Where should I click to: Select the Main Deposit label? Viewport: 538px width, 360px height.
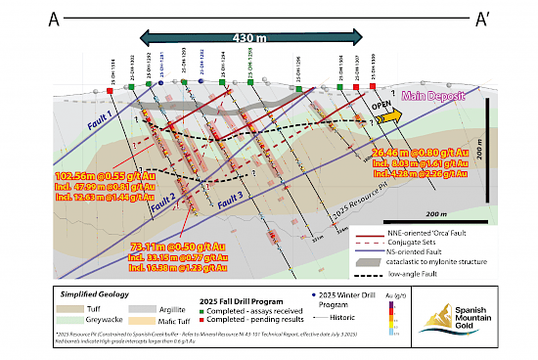pos(436,95)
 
